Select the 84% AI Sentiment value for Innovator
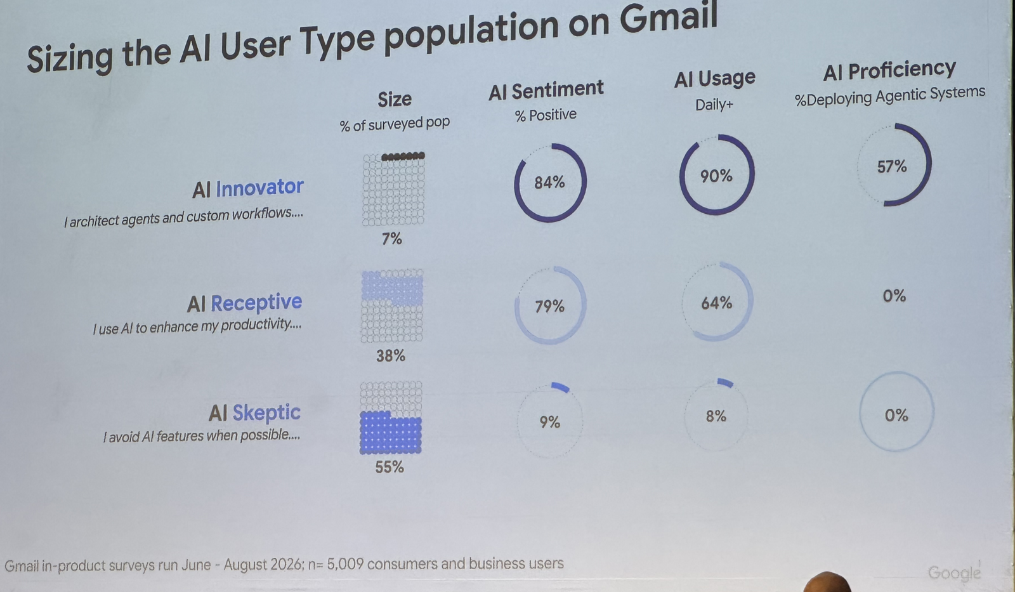tap(549, 183)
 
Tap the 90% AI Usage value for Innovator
tap(716, 176)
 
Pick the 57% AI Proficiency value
tap(892, 166)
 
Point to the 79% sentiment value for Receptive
tap(549, 307)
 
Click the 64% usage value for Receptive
tap(716, 303)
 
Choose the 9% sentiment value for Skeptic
tap(549, 423)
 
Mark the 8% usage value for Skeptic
tap(716, 416)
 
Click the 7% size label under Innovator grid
tap(392, 239)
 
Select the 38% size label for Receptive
tap(391, 356)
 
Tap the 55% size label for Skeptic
tap(390, 467)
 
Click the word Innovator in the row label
tap(259, 187)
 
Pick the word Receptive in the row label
tap(256, 303)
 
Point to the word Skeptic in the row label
tap(266, 413)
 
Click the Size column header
tap(395, 99)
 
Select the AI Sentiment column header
tap(546, 89)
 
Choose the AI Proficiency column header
tap(889, 70)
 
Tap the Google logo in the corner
tap(954, 572)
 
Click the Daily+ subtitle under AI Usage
tap(714, 105)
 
